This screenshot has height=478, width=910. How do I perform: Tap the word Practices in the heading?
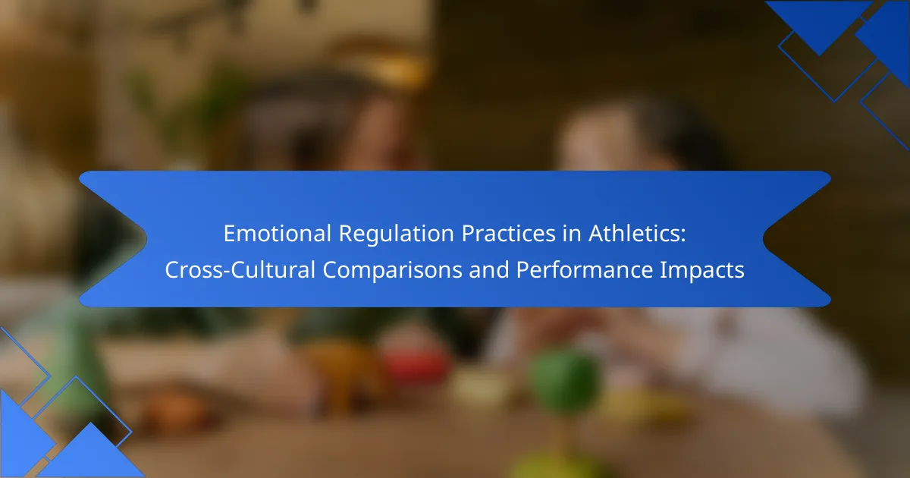(x=508, y=234)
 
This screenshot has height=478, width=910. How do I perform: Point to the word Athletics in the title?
(x=632, y=234)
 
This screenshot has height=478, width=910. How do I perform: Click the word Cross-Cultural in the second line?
(x=240, y=270)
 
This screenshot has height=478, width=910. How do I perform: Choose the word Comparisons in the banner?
(x=393, y=271)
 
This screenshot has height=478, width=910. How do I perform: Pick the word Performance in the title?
(x=584, y=270)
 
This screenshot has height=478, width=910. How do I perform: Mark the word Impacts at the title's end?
(x=701, y=271)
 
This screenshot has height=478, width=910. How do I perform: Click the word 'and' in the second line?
(x=489, y=270)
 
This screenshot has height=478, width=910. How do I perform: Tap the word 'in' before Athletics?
(x=572, y=234)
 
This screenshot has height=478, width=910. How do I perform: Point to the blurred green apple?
(x=566, y=381)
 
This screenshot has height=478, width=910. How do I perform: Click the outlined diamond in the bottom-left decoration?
(x=76, y=419)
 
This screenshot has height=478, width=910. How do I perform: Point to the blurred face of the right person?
(x=598, y=138)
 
